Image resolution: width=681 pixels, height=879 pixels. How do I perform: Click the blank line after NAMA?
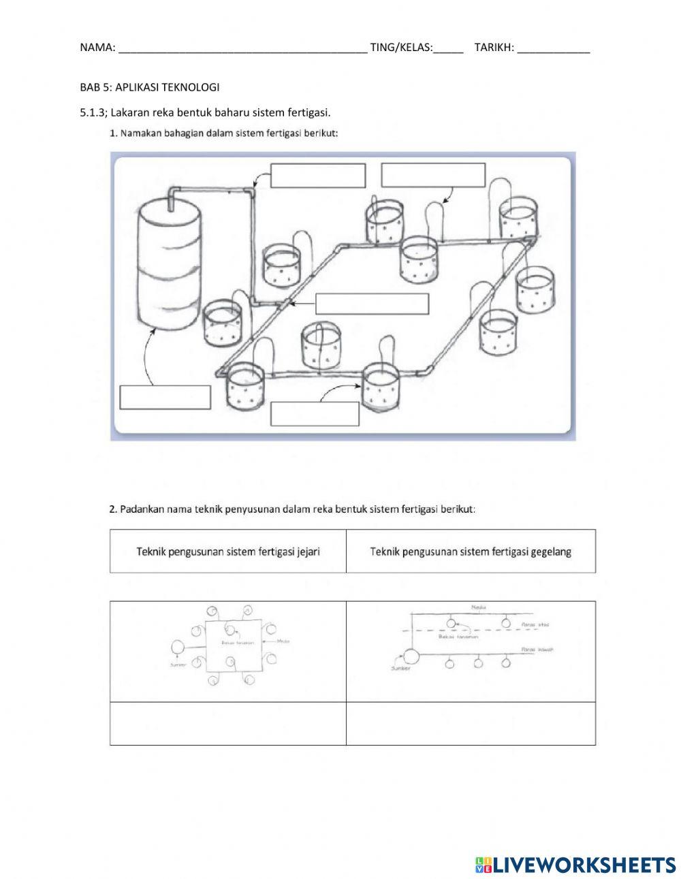(242, 49)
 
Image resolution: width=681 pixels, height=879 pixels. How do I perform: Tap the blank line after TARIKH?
(553, 49)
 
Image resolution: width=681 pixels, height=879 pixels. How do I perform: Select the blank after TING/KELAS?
(447, 49)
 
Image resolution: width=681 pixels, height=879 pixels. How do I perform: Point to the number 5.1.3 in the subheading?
(93, 112)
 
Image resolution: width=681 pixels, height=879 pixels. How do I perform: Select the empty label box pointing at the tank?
(165, 397)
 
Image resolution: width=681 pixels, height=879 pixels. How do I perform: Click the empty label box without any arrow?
(372, 304)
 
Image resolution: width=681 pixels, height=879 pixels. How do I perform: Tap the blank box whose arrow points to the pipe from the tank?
(317, 176)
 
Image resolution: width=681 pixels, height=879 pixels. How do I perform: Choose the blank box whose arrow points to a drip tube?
(432, 175)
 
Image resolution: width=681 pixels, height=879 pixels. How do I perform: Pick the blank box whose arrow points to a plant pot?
(315, 413)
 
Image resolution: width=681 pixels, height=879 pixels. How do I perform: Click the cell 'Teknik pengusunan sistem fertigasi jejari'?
(228, 551)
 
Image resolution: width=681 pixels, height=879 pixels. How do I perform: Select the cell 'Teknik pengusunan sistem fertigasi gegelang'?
(471, 551)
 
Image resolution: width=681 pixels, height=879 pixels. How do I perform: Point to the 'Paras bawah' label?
(537, 650)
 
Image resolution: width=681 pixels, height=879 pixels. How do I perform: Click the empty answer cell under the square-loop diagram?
(228, 723)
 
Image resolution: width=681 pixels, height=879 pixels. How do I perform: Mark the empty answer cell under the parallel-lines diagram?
(471, 723)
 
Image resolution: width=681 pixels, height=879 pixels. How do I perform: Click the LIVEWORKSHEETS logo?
(575, 864)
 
